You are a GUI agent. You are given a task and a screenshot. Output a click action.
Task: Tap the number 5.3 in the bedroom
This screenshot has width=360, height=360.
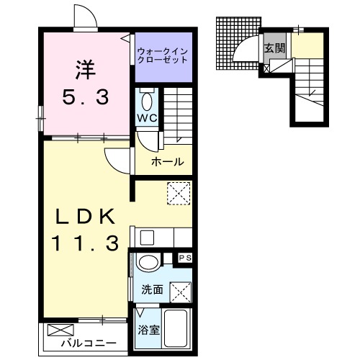[x=84, y=97]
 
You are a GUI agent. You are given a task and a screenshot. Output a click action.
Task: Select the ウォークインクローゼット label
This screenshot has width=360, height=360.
[x=163, y=55]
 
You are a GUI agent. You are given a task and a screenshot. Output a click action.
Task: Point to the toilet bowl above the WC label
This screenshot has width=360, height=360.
[x=147, y=99]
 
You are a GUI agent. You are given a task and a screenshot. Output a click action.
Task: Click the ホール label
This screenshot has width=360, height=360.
[x=167, y=162]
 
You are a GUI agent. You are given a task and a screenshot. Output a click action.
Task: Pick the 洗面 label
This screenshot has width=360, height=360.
[x=151, y=290]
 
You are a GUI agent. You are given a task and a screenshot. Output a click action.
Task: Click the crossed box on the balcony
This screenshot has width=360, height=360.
[x=58, y=332]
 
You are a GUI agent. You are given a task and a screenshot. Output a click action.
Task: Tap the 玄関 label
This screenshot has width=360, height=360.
[x=274, y=49]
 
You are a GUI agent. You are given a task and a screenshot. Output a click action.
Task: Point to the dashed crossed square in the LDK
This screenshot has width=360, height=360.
[x=176, y=193]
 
